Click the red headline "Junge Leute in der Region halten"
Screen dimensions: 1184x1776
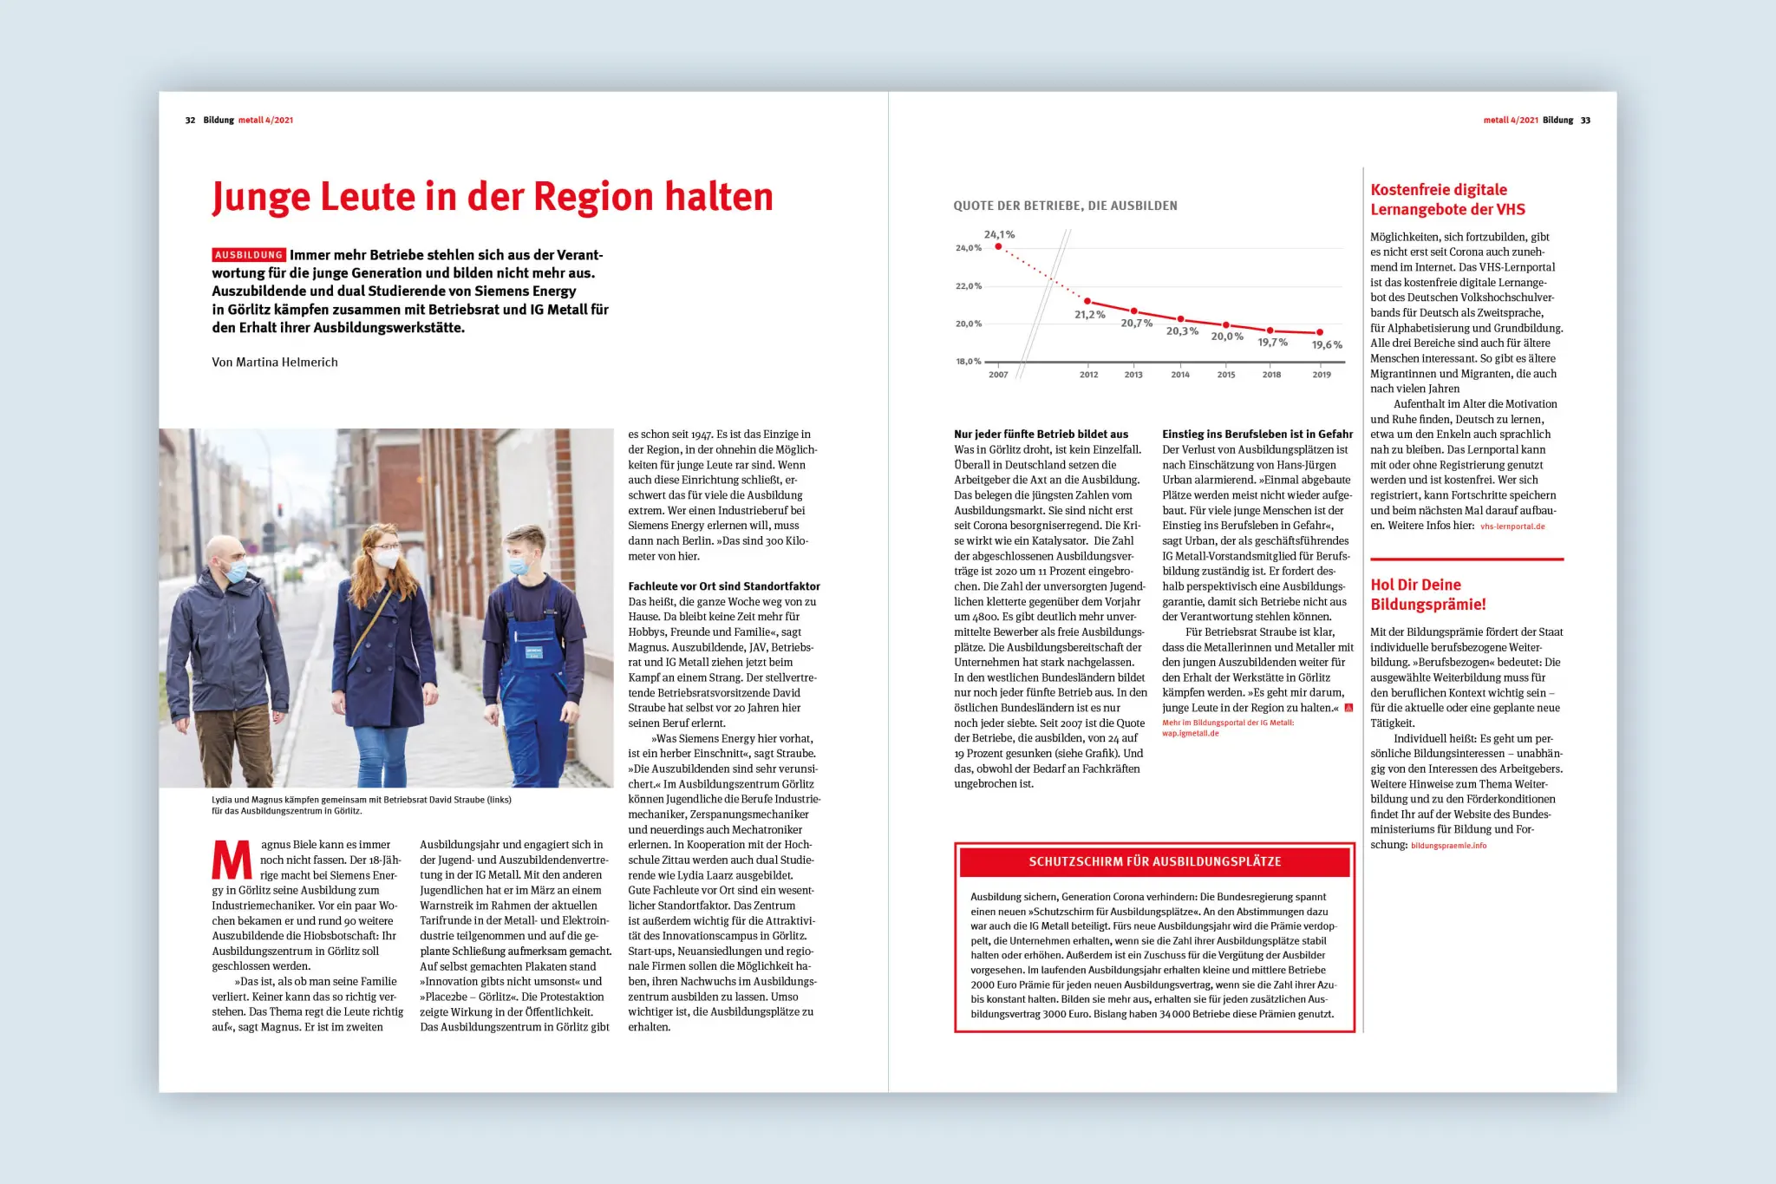point(492,197)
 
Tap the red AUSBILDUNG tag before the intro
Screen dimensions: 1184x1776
point(249,255)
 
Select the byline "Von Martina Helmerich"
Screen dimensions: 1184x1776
point(275,363)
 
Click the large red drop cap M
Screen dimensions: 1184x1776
point(232,860)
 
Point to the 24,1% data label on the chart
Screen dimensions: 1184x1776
point(999,235)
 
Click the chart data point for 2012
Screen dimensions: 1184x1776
point(1087,301)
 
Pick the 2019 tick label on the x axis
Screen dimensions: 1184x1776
point(1321,375)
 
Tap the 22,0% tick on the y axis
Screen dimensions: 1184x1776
point(968,286)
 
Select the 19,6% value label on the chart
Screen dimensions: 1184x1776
point(1327,345)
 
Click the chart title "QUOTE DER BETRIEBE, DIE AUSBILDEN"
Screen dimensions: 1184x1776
point(1065,206)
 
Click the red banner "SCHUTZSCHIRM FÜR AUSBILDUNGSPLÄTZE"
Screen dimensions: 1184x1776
point(1154,861)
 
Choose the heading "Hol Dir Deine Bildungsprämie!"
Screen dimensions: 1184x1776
point(1427,595)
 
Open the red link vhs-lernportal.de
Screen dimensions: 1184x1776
point(1512,527)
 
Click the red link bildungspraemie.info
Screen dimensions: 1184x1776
point(1448,846)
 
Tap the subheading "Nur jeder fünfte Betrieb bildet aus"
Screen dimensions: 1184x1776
point(1041,435)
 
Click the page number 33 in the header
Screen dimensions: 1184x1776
point(1585,121)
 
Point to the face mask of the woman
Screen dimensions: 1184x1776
point(386,559)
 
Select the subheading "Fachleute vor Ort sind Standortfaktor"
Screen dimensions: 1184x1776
point(724,587)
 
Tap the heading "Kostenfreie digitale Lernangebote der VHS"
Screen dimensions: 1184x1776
point(1447,200)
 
